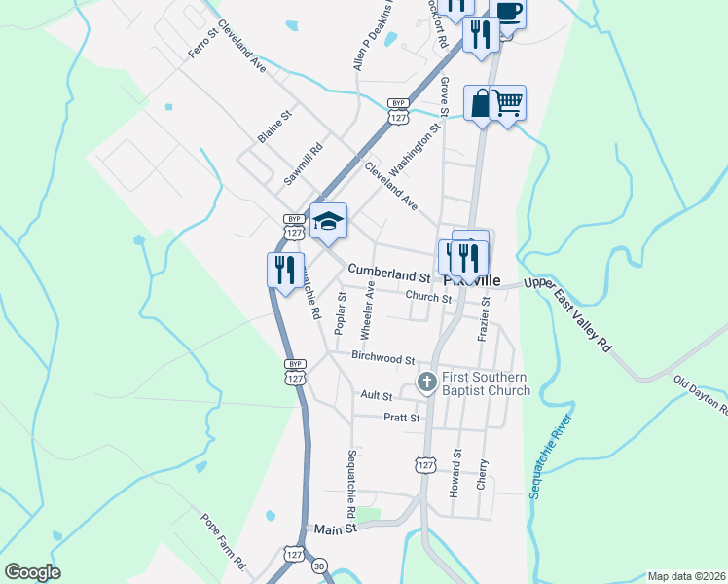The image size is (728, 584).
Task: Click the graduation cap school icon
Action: (x=329, y=220)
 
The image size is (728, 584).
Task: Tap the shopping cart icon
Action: (x=508, y=100)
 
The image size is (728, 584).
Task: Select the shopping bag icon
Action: (x=482, y=102)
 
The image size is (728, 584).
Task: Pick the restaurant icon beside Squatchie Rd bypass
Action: (x=283, y=269)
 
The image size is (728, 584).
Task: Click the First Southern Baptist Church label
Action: (x=486, y=383)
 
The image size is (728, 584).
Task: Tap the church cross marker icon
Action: (x=426, y=383)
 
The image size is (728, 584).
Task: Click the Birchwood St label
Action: (x=383, y=359)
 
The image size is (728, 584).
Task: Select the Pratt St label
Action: (x=401, y=418)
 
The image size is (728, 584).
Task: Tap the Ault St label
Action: (x=376, y=396)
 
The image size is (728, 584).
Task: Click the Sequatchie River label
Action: (x=550, y=456)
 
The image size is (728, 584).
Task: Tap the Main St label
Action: (x=336, y=528)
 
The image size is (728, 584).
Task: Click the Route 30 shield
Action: (x=318, y=566)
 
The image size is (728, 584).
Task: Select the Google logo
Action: (x=32, y=572)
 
